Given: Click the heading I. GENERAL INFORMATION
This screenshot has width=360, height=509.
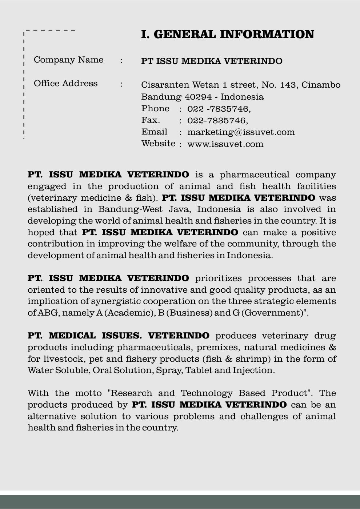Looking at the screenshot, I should [x=227, y=35].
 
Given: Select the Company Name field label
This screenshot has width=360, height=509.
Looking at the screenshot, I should [x=68, y=60].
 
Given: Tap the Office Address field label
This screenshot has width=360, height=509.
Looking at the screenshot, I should [x=65, y=84].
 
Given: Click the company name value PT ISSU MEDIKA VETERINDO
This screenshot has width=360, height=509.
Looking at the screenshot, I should [x=212, y=61].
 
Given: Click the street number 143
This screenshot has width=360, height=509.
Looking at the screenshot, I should [x=288, y=85].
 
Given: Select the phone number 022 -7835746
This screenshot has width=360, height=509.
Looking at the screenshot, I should [x=219, y=109].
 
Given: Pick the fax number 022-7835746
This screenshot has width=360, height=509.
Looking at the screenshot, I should [x=217, y=121].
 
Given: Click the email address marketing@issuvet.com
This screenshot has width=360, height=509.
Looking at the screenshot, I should [x=241, y=132].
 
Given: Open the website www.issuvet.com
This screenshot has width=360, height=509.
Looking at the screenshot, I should [x=225, y=144].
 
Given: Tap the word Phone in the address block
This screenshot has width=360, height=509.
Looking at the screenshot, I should [x=155, y=109].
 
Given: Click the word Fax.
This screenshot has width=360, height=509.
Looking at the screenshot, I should [x=151, y=120].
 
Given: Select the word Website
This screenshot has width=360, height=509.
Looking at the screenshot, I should [x=158, y=144].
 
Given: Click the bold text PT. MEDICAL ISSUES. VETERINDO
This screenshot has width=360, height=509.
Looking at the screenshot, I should [x=118, y=336].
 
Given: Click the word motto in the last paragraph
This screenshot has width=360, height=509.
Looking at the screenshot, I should [x=88, y=393].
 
